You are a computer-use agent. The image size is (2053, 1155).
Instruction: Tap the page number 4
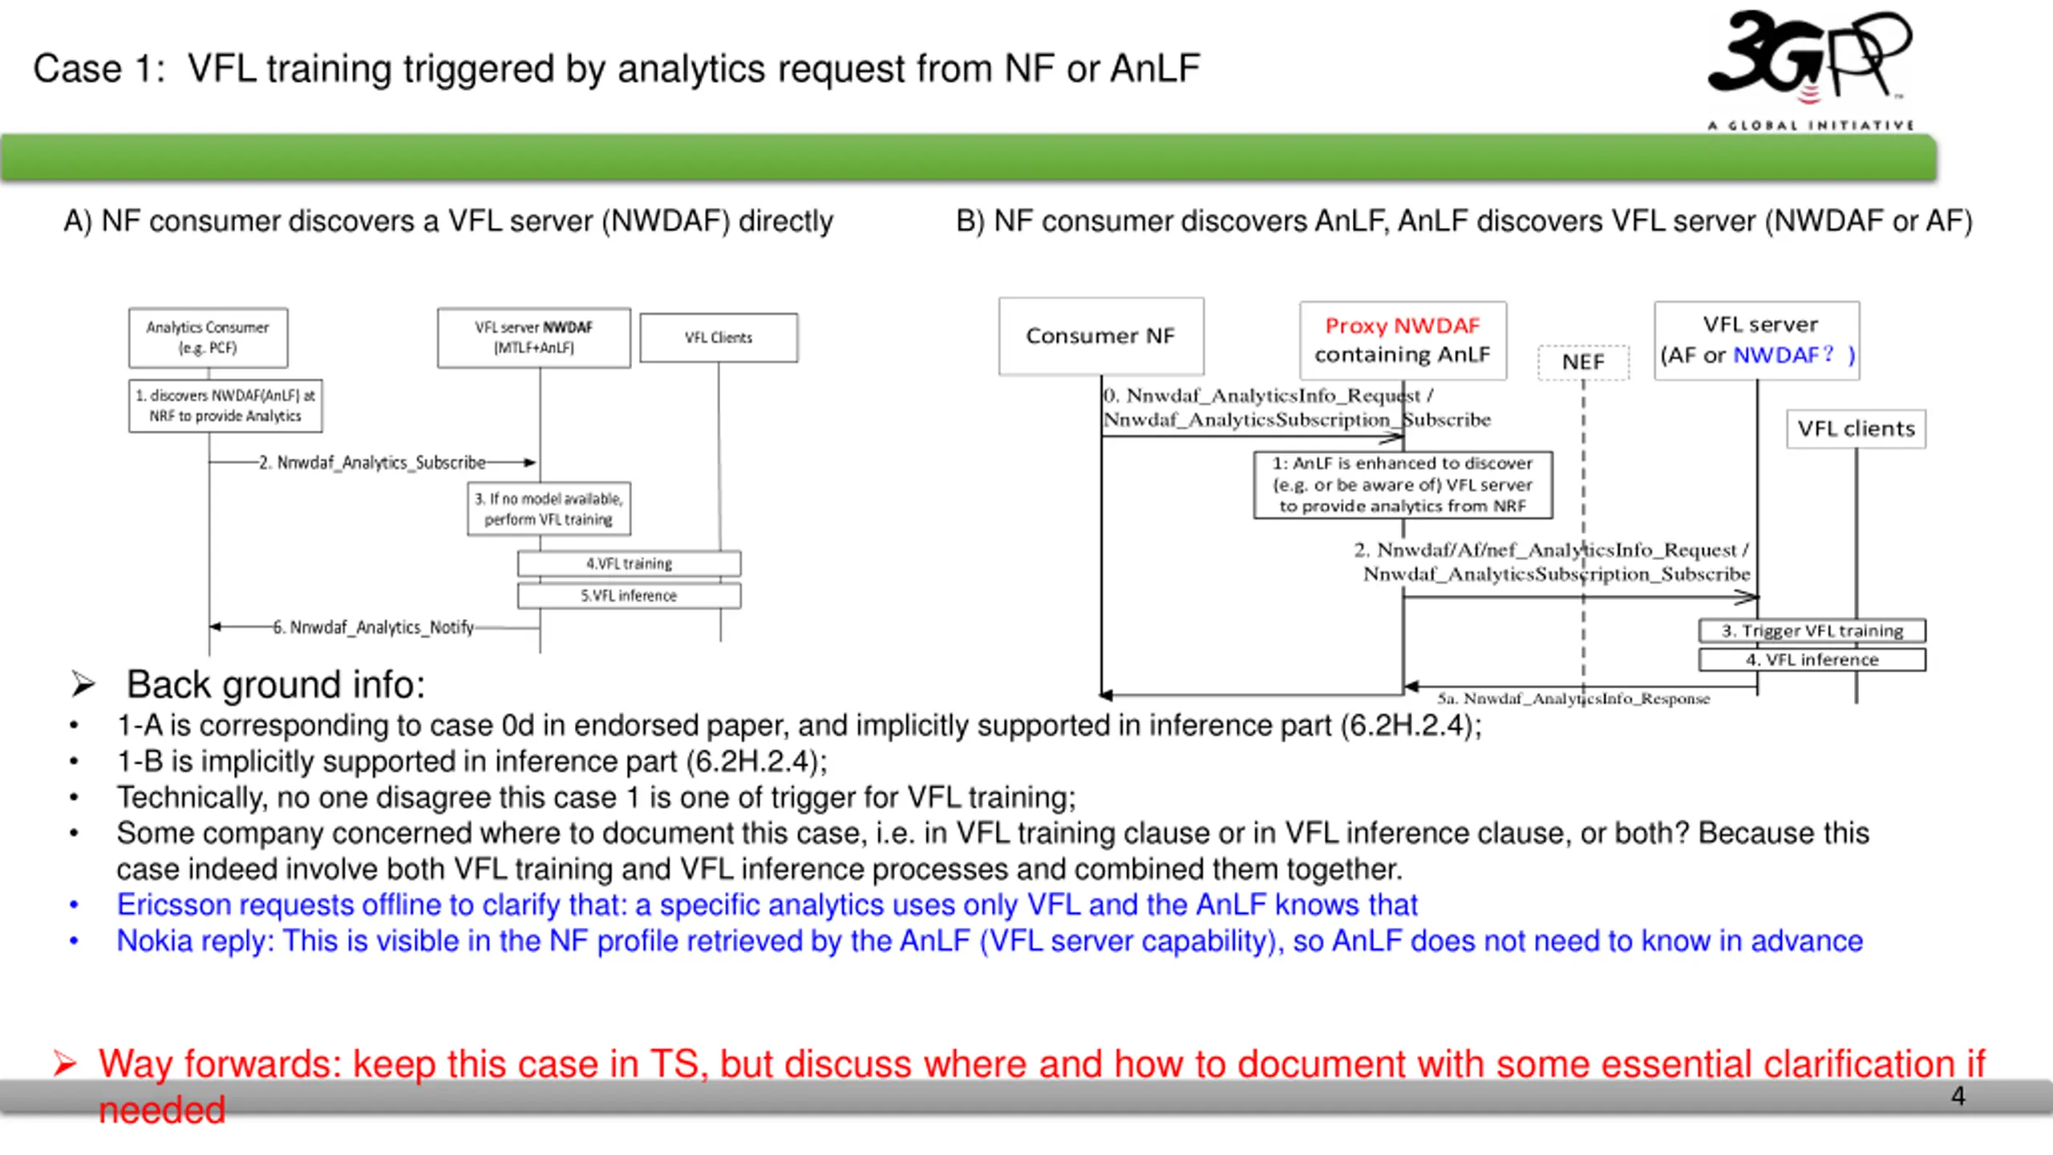(x=1958, y=1096)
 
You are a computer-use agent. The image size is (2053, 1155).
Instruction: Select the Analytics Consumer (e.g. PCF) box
(x=208, y=338)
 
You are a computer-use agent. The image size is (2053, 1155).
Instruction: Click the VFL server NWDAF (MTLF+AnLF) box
(x=534, y=338)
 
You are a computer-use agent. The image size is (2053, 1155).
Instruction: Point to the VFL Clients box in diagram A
(x=719, y=338)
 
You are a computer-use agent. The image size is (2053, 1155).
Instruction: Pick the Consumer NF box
(x=1101, y=336)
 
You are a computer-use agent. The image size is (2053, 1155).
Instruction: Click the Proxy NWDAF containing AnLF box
(x=1403, y=340)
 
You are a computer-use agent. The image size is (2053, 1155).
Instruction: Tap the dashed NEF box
(x=1583, y=362)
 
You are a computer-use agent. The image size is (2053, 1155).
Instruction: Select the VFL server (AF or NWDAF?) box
(x=1757, y=340)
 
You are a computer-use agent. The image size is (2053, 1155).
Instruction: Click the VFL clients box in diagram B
(x=1856, y=429)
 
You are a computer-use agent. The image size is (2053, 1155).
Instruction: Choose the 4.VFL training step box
(x=629, y=563)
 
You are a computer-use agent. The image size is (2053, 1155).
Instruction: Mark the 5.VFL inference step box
(x=629, y=595)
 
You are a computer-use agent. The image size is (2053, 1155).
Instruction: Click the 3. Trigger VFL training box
(x=1812, y=630)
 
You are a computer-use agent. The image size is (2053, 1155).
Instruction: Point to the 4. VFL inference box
(x=1812, y=659)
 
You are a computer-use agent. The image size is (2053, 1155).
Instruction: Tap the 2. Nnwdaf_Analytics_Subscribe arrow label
(x=372, y=463)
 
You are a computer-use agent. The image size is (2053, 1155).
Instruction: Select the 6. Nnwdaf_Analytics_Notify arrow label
(x=374, y=627)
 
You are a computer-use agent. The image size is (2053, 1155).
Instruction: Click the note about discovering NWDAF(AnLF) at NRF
(x=225, y=406)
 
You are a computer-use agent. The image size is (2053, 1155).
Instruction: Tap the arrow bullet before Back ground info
(x=83, y=684)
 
